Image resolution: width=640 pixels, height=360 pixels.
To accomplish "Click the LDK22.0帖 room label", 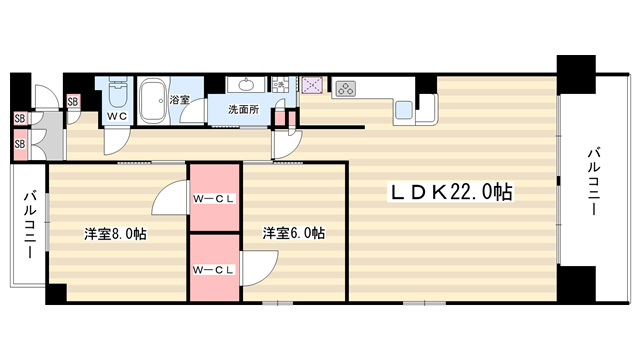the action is [x=451, y=192].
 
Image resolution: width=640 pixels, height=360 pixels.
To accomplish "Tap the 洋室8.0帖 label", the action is [x=116, y=234].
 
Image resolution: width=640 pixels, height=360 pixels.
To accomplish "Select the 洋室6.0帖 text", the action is [x=294, y=233].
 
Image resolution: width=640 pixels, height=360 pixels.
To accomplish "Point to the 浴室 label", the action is [x=180, y=100].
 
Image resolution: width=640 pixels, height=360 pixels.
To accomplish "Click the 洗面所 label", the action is [x=243, y=109].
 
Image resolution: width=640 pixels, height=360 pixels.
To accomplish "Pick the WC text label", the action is [x=117, y=116].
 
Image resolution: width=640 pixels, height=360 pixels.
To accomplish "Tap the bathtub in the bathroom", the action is [x=153, y=100].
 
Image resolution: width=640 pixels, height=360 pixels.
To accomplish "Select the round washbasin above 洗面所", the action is [x=247, y=85].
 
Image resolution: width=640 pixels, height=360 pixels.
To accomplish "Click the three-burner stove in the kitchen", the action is [x=346, y=89].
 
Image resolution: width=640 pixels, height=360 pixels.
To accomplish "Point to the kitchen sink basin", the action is [x=404, y=110].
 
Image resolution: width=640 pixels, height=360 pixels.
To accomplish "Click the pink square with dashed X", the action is [x=313, y=85].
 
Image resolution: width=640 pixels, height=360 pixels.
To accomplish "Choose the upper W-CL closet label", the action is [x=214, y=199].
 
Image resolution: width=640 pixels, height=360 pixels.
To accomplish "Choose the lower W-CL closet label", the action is [x=214, y=270].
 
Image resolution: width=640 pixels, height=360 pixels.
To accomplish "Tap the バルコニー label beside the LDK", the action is [x=594, y=182].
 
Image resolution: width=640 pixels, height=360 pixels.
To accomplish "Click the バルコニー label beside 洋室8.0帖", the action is [x=30, y=224].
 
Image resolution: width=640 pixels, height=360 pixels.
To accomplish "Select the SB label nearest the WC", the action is [x=73, y=101].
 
